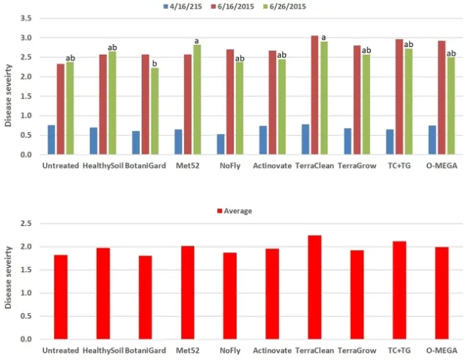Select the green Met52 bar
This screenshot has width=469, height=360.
196,100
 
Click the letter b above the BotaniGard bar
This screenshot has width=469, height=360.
155,64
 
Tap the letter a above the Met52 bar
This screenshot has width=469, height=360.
196,41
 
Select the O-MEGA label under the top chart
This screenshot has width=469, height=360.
441,166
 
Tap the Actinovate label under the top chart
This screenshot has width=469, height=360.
272,166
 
